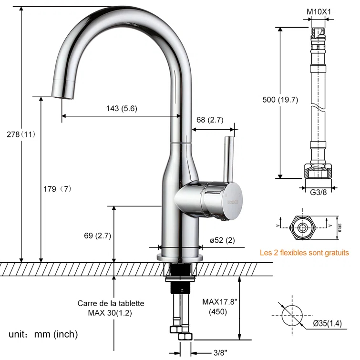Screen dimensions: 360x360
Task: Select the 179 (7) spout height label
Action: [56, 189]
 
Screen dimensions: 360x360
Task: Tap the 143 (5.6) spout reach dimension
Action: [122, 108]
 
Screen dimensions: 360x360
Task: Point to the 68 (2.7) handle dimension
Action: [209, 120]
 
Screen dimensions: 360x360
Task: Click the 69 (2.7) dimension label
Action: [97, 235]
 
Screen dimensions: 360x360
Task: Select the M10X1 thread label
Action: [315, 10]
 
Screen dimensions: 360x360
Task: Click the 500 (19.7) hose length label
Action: [280, 100]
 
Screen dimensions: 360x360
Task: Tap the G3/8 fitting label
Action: [318, 193]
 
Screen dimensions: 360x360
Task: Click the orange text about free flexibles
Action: [304, 253]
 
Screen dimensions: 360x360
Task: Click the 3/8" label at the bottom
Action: [220, 352]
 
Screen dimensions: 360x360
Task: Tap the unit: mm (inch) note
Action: [43, 334]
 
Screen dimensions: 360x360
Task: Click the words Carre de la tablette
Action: [111, 303]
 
